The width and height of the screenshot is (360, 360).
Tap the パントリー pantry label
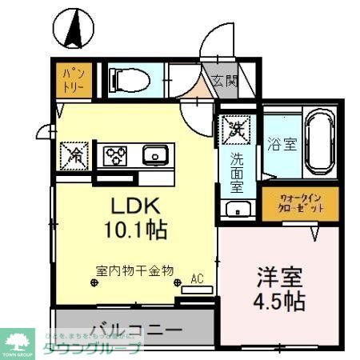click(73, 81)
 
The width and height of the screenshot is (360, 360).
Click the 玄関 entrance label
click(225, 80)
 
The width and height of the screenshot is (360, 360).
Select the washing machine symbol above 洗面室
click(237, 128)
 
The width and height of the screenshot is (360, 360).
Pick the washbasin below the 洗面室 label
click(238, 210)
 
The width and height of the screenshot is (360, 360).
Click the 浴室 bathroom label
click(281, 145)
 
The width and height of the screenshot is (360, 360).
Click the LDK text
click(135, 203)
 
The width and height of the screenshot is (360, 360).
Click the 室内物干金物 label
click(134, 270)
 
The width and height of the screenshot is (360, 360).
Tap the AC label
click(197, 279)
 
